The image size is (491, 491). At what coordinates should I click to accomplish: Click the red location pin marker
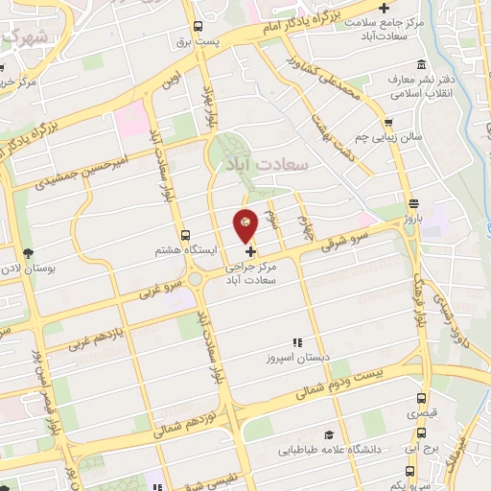tap(245, 225)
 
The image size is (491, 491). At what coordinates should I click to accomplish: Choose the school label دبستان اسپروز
tap(298, 358)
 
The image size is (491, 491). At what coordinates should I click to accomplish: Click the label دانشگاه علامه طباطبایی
tap(331, 449)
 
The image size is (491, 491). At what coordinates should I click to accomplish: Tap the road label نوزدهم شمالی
tap(192, 414)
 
